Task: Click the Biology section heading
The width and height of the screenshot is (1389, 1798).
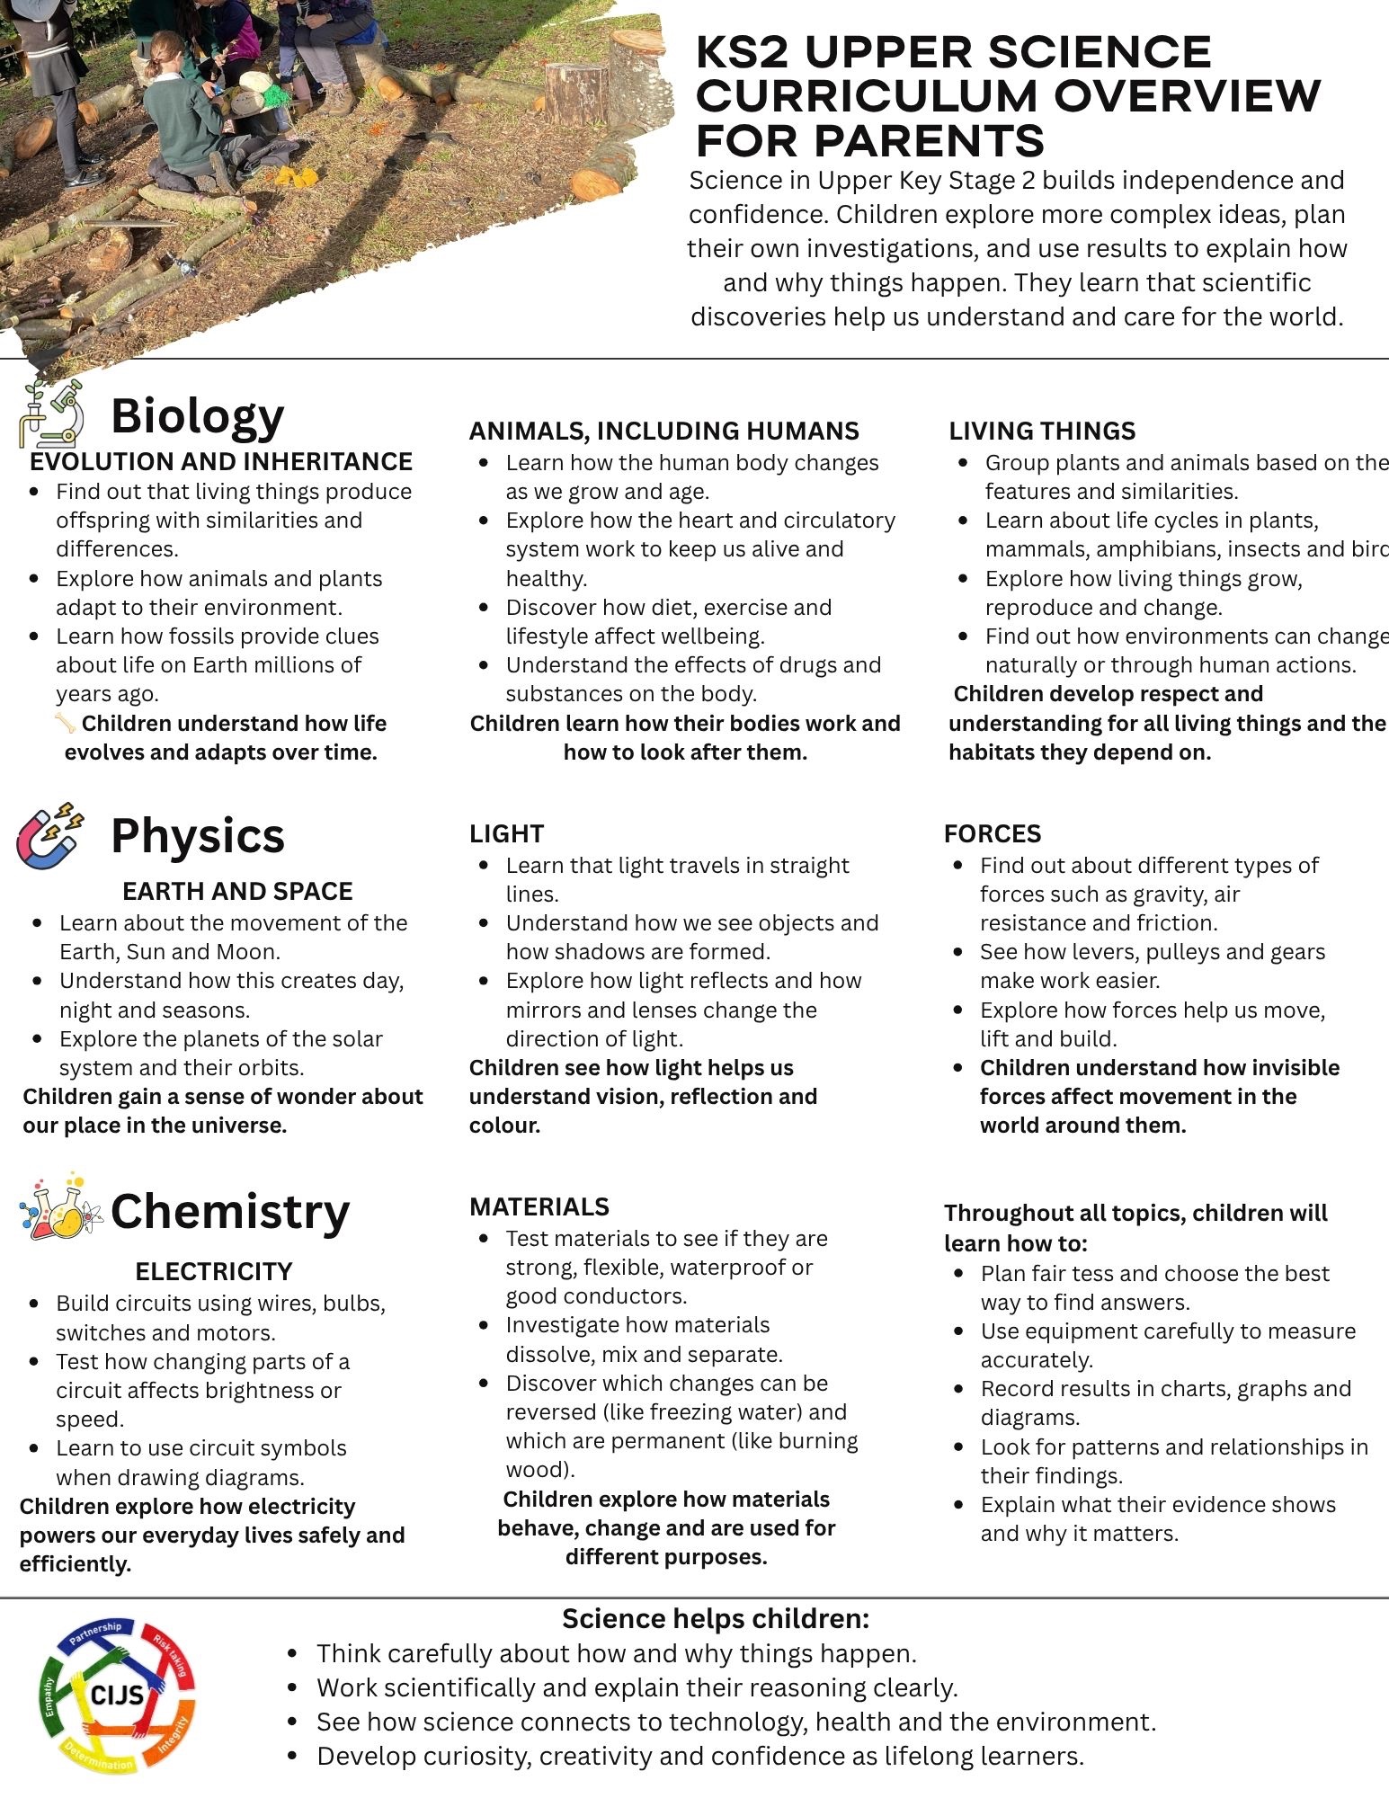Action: tap(197, 415)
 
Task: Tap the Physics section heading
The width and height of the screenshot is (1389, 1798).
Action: tap(197, 835)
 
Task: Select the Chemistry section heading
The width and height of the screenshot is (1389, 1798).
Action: tap(229, 1211)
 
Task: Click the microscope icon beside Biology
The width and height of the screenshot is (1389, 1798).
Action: tap(52, 414)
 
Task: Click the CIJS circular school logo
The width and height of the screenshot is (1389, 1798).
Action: tap(118, 1696)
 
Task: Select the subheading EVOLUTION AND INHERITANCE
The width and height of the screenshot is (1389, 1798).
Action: tap(221, 461)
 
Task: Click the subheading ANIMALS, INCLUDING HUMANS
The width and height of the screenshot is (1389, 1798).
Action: tap(663, 431)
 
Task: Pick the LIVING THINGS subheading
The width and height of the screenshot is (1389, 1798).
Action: tap(1042, 431)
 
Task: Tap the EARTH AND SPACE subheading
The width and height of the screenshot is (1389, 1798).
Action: tap(237, 891)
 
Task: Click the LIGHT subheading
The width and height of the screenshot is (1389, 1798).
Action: tap(506, 833)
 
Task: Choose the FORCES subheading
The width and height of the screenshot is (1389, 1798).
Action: tap(993, 833)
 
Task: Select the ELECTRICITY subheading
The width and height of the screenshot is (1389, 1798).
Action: tap(214, 1271)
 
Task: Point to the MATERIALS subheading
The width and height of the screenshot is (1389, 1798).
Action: tap(539, 1206)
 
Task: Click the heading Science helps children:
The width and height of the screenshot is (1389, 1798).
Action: tap(716, 1618)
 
